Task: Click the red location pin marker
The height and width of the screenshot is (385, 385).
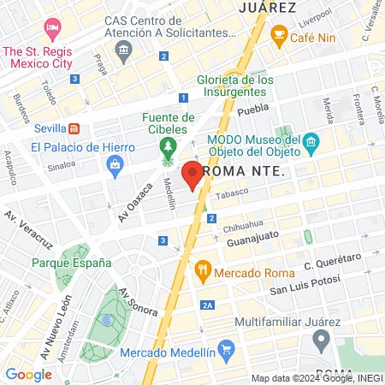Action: [192, 174]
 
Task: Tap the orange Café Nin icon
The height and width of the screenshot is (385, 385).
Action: [279, 35]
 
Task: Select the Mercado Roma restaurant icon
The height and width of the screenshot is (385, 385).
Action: [203, 273]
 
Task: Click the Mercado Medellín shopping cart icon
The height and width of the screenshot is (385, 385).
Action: [226, 349]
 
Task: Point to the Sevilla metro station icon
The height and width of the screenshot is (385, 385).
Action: [74, 128]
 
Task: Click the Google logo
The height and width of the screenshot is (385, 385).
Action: [28, 374]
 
